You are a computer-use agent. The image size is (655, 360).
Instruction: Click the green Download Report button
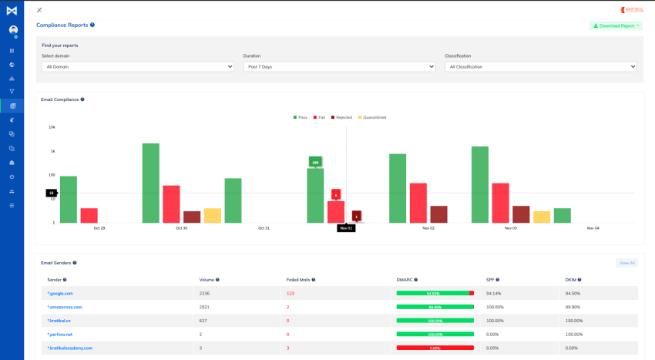(615, 25)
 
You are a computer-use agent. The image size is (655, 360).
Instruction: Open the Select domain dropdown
(137, 67)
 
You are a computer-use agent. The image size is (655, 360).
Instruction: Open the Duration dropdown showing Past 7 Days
(339, 67)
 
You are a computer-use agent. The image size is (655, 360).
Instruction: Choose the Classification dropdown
(540, 67)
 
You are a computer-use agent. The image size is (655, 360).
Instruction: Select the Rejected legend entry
(341, 117)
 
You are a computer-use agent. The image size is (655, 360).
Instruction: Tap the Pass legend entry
(301, 117)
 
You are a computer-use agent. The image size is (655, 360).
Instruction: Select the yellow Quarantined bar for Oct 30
(213, 215)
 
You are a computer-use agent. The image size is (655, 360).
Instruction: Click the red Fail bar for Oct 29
(89, 215)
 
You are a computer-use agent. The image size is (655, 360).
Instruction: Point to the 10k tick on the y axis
(52, 127)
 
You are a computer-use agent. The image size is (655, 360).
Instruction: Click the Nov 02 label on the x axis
(428, 228)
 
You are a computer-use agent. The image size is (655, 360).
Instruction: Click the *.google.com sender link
(60, 293)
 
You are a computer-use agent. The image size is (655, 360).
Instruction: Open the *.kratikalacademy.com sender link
(69, 348)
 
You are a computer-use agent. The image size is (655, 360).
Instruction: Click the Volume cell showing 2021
(205, 307)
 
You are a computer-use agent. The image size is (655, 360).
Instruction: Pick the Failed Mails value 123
(291, 293)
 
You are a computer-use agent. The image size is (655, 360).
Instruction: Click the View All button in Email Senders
(626, 263)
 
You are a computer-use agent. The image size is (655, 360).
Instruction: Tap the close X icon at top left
(39, 10)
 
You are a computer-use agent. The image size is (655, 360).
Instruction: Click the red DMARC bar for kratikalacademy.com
(435, 348)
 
